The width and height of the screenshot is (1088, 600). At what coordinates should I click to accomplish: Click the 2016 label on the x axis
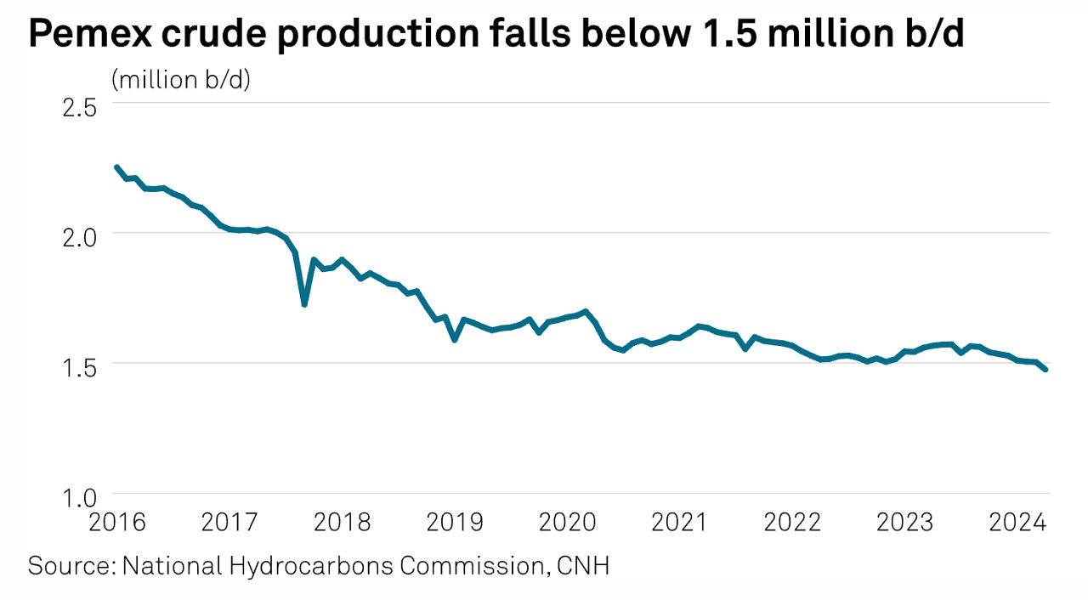point(117,521)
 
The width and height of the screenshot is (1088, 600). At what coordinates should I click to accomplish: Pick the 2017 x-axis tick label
point(229,521)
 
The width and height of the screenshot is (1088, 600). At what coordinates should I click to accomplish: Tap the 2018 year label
point(342,521)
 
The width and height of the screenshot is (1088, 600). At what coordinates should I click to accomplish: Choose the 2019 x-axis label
point(455,521)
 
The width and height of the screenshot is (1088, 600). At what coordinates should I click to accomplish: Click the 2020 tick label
point(567,521)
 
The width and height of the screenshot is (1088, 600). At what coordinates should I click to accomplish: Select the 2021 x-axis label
point(679,521)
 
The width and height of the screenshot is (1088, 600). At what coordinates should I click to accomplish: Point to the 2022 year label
point(792,521)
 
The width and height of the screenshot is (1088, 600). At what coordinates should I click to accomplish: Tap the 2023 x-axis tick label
point(904,521)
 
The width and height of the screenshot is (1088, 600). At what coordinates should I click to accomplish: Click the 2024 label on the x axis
point(1017,521)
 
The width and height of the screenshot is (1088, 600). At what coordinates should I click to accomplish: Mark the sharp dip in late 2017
point(304,303)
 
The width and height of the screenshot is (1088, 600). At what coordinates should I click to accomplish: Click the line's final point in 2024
point(1045,369)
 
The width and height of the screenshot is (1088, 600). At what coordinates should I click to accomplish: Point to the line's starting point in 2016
point(116,167)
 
